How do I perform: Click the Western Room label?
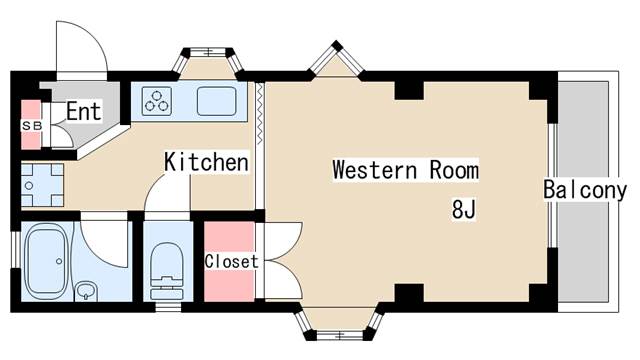pyautogui.click(x=405, y=170)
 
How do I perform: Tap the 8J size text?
pyautogui.click(x=463, y=211)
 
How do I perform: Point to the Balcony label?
pyautogui.click(x=585, y=190)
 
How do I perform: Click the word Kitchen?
pyautogui.click(x=206, y=161)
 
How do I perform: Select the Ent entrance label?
pyautogui.click(x=84, y=112)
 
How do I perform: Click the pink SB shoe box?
pyautogui.click(x=29, y=125)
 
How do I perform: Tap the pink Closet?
pyautogui.click(x=231, y=262)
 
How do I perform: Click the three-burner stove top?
pyautogui.click(x=157, y=101)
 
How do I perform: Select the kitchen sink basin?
pyautogui.click(x=215, y=101)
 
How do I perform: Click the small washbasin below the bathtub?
pyautogui.click(x=88, y=291)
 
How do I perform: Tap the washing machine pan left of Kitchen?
pyautogui.click(x=41, y=185)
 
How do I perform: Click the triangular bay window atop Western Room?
pyautogui.click(x=334, y=61)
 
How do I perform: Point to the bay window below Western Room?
pyautogui.click(x=340, y=322)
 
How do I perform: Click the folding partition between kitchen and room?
pyautogui.click(x=260, y=145)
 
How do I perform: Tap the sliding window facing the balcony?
pyautogui.click(x=553, y=190)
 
